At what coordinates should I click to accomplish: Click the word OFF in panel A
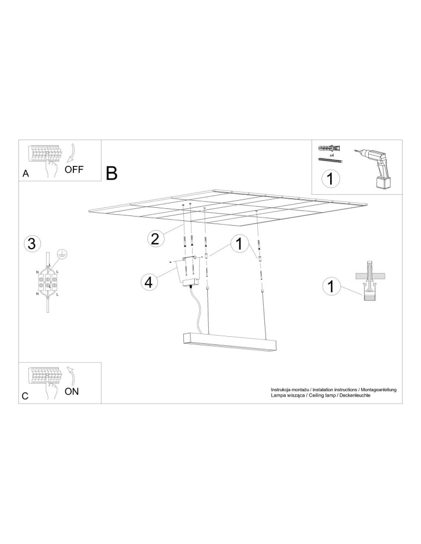click(x=74, y=169)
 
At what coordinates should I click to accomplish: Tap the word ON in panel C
click(x=72, y=391)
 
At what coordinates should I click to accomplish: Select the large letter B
click(x=112, y=174)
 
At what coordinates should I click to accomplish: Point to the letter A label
click(x=26, y=174)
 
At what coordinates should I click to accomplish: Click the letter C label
click(x=25, y=397)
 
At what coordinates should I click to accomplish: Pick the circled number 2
click(x=156, y=238)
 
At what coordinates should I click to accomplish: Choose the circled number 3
click(x=32, y=244)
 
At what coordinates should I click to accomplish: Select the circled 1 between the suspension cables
click(x=238, y=244)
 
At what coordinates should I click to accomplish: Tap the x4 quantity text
click(x=331, y=155)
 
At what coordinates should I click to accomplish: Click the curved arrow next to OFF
click(x=71, y=153)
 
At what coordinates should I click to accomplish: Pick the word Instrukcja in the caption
click(x=282, y=390)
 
